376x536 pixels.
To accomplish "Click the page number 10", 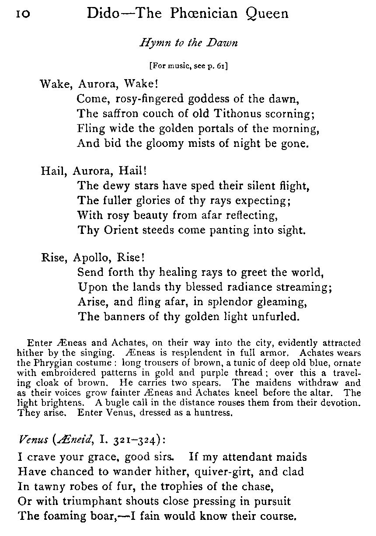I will (24, 14).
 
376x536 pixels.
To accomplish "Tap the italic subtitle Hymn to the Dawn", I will (188, 44).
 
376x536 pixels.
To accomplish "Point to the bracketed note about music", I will (188, 66).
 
